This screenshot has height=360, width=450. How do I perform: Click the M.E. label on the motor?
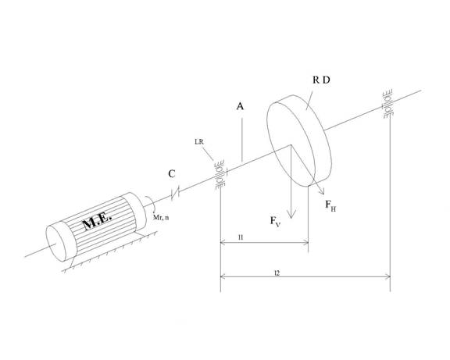(x=97, y=221)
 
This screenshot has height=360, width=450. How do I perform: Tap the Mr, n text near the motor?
(x=161, y=217)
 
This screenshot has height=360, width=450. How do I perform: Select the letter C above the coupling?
(x=172, y=174)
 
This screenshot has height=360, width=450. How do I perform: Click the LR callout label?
(x=199, y=141)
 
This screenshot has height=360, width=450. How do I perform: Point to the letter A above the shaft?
(x=240, y=106)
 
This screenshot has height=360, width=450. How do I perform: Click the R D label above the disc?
(x=321, y=80)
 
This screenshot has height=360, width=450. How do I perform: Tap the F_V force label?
(x=276, y=222)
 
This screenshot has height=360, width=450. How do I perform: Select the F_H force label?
(x=330, y=205)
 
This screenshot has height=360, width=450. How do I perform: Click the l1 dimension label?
(x=241, y=237)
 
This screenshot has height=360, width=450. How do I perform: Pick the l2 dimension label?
(x=277, y=273)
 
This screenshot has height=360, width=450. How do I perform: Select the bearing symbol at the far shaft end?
(x=387, y=104)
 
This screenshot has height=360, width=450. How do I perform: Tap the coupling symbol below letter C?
(x=175, y=193)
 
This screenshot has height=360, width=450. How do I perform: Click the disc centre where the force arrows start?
(x=291, y=145)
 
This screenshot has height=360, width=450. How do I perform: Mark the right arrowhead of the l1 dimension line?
(x=306, y=243)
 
